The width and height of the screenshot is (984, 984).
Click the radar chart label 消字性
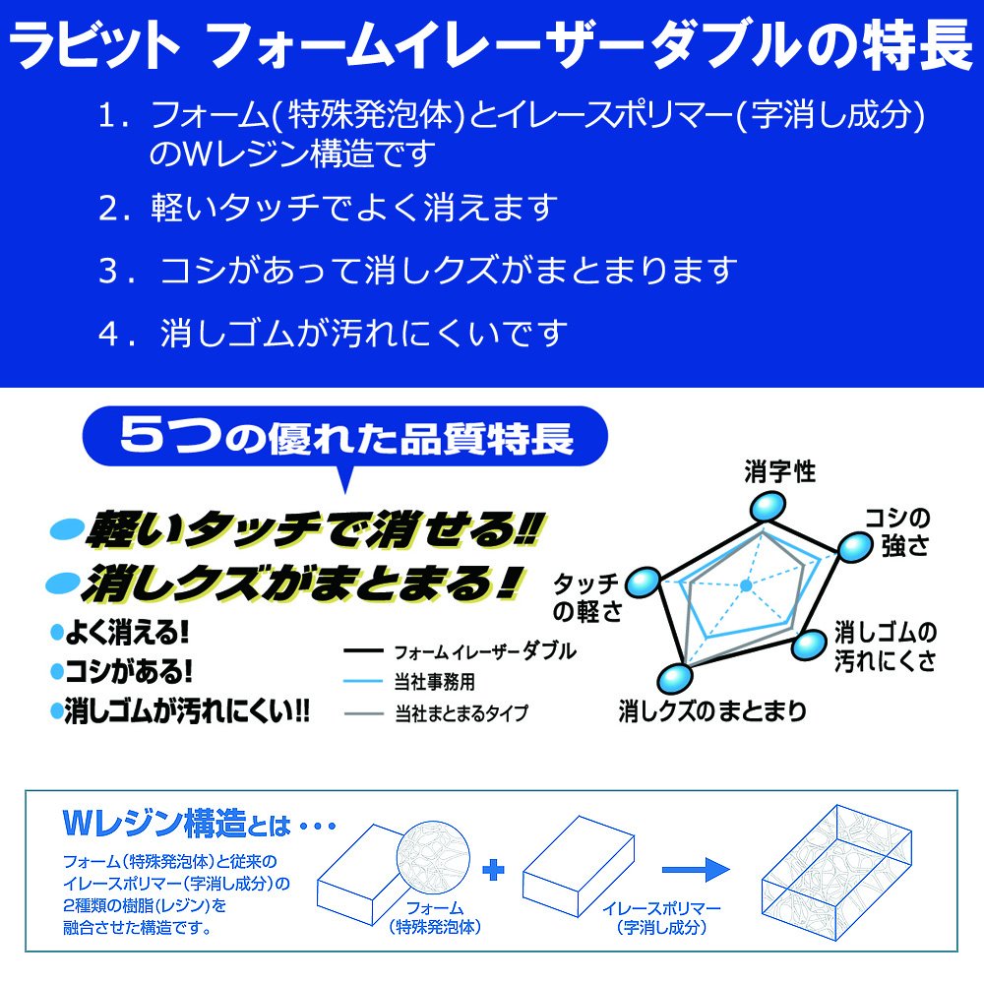(x=779, y=471)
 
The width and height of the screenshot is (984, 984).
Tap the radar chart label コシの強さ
(x=897, y=531)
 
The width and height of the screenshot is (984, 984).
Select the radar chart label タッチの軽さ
(x=586, y=597)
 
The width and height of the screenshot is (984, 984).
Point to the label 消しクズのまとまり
(x=712, y=711)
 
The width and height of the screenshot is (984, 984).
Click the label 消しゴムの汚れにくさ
(x=885, y=646)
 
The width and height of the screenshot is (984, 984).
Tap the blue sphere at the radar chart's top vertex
(x=767, y=506)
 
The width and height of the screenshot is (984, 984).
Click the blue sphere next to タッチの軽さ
(x=643, y=583)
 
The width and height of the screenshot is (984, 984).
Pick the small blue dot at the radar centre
(x=746, y=585)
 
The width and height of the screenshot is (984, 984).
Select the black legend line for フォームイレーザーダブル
(x=363, y=650)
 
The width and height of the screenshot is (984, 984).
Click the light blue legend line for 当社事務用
(x=363, y=681)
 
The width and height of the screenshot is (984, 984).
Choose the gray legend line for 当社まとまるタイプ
(x=363, y=713)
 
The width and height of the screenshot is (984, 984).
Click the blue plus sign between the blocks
(x=493, y=869)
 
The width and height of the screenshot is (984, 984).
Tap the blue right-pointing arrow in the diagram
(x=696, y=870)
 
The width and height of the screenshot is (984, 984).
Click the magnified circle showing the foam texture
(x=433, y=857)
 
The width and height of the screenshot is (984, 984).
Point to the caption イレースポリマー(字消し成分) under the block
(x=661, y=917)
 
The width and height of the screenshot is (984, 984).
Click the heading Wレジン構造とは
(x=177, y=824)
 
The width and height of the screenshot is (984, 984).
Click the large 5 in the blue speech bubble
(x=143, y=434)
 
